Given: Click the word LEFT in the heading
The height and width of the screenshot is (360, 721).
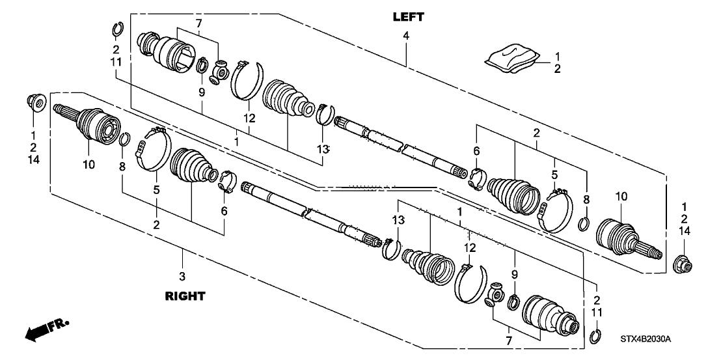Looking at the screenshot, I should pyautogui.click(x=409, y=16).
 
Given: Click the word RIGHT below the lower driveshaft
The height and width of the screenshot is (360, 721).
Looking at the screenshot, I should pyautogui.click(x=185, y=296).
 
